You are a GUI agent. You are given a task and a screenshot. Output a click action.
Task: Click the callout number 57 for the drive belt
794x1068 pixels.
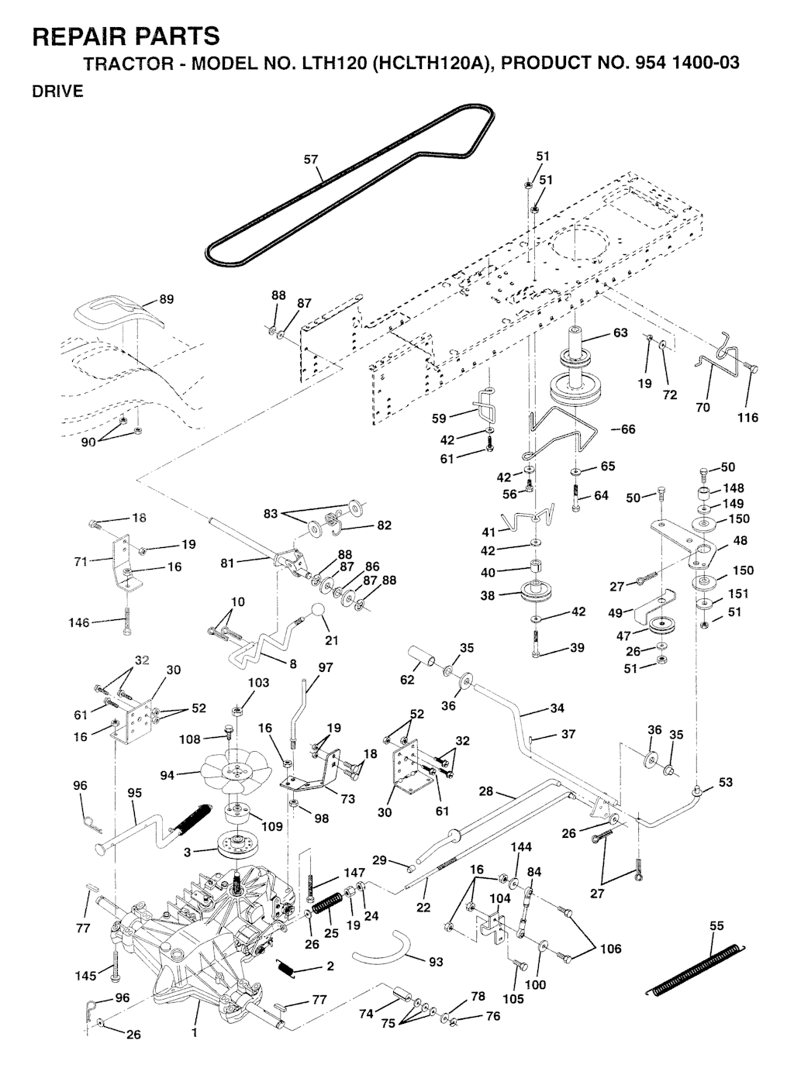(310, 160)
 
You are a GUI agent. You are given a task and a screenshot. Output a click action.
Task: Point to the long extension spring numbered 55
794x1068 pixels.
(696, 966)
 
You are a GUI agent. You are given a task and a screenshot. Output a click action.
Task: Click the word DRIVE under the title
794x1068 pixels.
(57, 92)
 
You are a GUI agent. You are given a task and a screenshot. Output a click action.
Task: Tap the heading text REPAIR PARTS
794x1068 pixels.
(126, 36)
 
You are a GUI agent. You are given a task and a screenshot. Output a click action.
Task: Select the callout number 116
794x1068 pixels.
(747, 418)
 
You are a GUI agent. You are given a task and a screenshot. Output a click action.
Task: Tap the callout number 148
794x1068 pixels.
(733, 488)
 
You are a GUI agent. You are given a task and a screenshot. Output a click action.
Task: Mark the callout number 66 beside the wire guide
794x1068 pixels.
(627, 429)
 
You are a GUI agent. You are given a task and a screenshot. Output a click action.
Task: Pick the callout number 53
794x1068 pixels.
(725, 782)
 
